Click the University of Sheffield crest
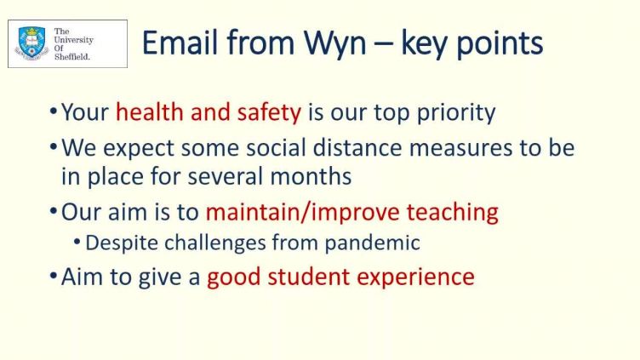pyautogui.click(x=31, y=43)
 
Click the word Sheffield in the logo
pyautogui.click(x=71, y=57)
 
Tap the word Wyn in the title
pyautogui.click(x=334, y=43)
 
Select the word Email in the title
pyautogui.click(x=180, y=42)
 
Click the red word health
pyautogui.click(x=150, y=111)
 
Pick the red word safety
pyautogui.click(x=269, y=112)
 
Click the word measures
pyautogui.click(x=460, y=148)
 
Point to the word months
pyautogui.click(x=311, y=176)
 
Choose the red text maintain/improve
pyautogui.click(x=302, y=212)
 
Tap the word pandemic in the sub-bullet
pyautogui.click(x=372, y=243)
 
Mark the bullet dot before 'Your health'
pyautogui.click(x=53, y=111)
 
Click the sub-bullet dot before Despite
pyautogui.click(x=77, y=242)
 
